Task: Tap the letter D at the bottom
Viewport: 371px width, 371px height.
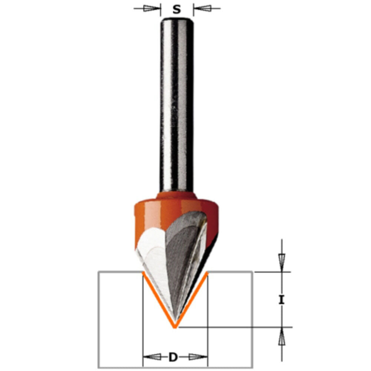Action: point(173,357)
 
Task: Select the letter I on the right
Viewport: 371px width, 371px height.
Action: point(282,299)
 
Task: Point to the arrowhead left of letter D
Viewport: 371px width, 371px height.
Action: point(152,357)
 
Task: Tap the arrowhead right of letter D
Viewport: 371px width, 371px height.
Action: point(197,357)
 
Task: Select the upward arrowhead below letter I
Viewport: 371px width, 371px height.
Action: point(282,337)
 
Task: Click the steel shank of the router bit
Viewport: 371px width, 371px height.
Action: point(177,104)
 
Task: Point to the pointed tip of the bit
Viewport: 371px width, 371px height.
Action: point(175,326)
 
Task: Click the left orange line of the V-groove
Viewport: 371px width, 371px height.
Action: point(158,299)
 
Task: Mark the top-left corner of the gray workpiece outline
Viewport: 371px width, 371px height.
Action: point(99,272)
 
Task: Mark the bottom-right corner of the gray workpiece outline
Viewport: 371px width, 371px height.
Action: point(252,367)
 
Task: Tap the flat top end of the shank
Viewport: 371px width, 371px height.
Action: point(177,19)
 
